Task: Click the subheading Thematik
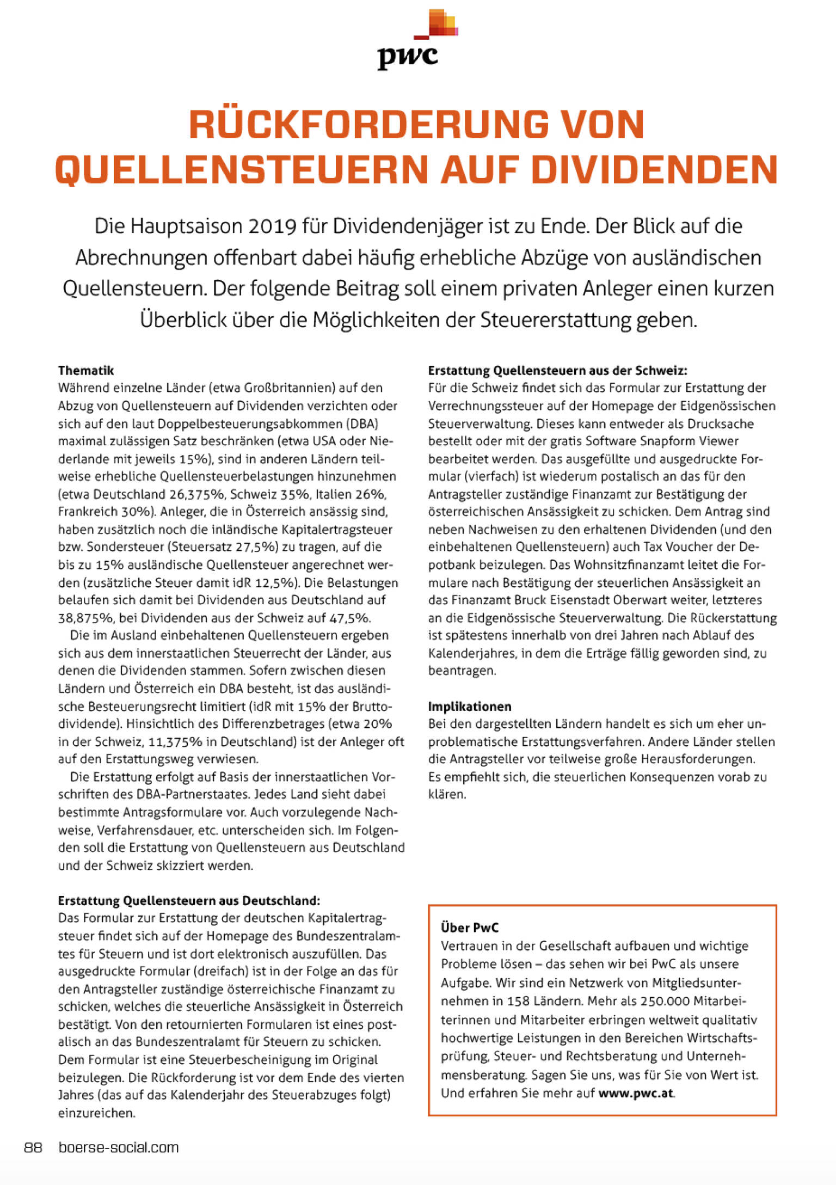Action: point(86,371)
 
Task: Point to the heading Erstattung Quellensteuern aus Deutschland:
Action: point(189,901)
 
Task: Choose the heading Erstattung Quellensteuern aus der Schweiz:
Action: point(557,371)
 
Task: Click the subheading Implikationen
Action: point(469,707)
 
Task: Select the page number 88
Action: point(33,1148)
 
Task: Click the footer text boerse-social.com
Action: point(119,1148)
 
